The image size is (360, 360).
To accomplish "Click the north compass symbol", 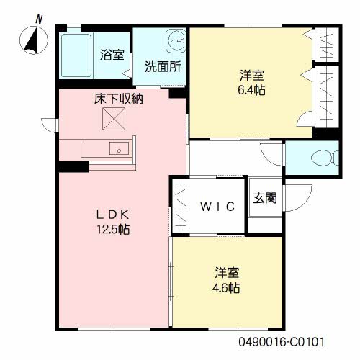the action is (x=34, y=40).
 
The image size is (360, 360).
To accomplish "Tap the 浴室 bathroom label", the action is (x=112, y=55).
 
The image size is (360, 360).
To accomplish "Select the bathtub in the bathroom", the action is (x=76, y=55).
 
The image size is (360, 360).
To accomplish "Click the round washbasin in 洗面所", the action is (x=176, y=40).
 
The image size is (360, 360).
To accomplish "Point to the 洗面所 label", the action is (x=163, y=66).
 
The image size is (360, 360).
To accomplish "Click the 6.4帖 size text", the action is (x=251, y=90).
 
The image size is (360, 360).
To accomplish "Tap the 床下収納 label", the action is (x=119, y=99).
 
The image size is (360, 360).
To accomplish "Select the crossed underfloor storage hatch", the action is (x=114, y=119).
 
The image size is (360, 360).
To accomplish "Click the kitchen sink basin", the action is (x=119, y=148).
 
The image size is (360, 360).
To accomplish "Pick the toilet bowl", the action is (x=324, y=158).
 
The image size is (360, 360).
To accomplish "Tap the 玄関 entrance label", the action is (x=265, y=198).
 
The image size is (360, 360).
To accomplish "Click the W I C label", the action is (x=217, y=207).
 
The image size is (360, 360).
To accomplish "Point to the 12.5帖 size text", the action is (x=113, y=230).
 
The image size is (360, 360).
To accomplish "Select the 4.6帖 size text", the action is (x=226, y=288).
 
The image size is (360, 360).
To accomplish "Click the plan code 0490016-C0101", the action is (x=282, y=342).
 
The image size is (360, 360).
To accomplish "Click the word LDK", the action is (x=113, y=215).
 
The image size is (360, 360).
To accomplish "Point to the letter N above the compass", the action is (x=39, y=19).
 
